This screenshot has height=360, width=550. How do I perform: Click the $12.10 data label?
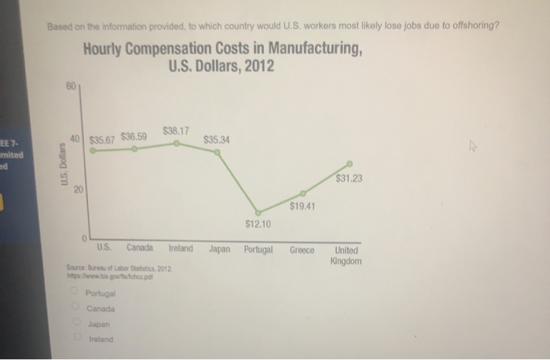pos(258,223)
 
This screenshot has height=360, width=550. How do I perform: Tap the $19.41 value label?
pos(302,206)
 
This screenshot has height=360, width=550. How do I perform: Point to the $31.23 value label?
pos(348,178)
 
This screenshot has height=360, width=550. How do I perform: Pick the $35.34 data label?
pos(216,140)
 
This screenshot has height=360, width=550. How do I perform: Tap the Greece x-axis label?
pos(302,250)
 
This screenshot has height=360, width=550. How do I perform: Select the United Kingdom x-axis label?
pos(346,255)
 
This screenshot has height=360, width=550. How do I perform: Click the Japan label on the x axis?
pos(219,249)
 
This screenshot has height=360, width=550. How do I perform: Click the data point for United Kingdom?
pos(350,163)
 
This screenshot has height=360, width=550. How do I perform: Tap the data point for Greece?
pos(302,193)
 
